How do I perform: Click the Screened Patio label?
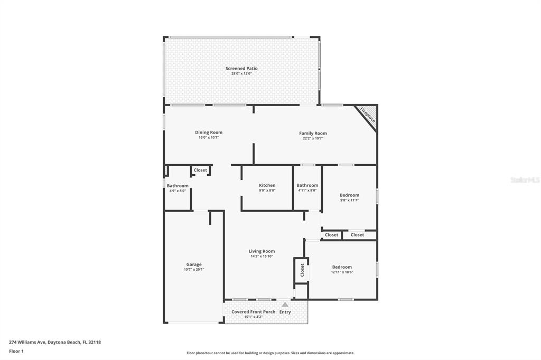point(241,68)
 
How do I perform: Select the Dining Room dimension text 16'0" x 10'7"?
point(209,138)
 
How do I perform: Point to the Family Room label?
point(313,133)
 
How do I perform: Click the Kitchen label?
point(267,185)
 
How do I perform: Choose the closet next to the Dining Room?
point(200,170)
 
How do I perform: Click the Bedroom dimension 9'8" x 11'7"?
point(350,200)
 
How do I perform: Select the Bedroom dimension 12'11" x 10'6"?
point(342,272)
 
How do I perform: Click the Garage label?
point(194,264)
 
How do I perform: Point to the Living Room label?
point(262,251)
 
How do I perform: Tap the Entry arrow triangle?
point(285,305)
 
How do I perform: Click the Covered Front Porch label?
point(254,312)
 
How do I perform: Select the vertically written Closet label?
point(302,270)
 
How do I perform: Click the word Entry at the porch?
point(285,312)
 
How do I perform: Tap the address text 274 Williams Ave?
point(27,342)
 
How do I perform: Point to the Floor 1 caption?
point(16,352)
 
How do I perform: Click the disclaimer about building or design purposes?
point(270,353)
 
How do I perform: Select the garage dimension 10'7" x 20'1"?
point(194,270)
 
